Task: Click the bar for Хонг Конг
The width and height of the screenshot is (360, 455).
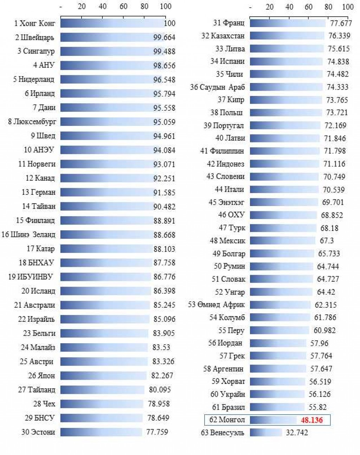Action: click(112, 23)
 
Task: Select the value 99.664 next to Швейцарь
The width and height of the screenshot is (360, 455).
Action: click(164, 38)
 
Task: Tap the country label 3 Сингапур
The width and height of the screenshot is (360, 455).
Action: click(36, 51)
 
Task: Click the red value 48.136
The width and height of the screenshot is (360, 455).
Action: click(311, 420)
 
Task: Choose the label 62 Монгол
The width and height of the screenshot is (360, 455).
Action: click(227, 420)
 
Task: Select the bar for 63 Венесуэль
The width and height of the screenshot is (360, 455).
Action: click(266, 432)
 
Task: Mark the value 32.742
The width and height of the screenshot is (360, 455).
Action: click(297, 432)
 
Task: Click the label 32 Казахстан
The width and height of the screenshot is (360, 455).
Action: click(223, 36)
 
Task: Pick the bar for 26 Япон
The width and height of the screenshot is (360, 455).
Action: click(103, 376)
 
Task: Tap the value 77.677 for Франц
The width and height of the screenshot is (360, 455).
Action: click(341, 23)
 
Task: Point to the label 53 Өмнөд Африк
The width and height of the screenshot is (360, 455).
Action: click(216, 305)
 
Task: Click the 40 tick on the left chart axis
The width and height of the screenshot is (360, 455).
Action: click(103, 6)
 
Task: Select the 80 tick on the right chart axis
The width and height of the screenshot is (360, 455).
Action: click(328, 7)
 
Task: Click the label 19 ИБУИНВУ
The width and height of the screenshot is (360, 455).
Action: click(31, 277)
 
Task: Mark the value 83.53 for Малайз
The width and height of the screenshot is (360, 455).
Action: click(161, 347)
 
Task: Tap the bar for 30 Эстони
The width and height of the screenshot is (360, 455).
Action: click(101, 432)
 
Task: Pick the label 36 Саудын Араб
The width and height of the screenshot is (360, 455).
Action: click(217, 87)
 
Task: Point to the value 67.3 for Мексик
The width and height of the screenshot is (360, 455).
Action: click(327, 241)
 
